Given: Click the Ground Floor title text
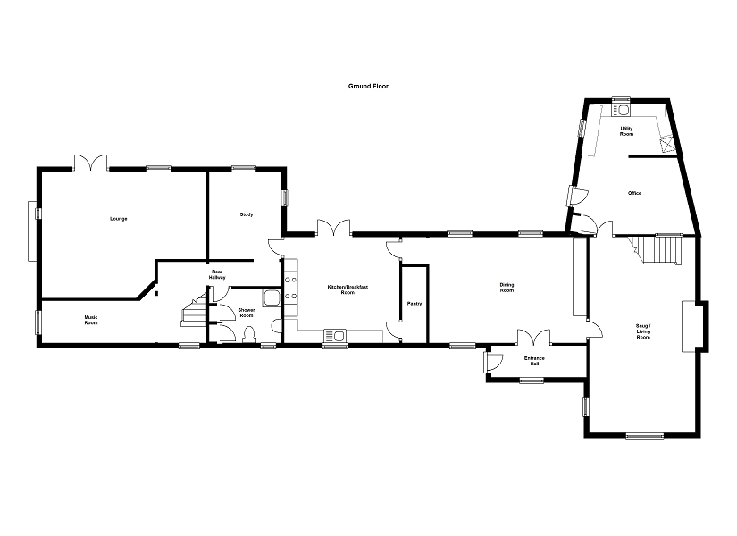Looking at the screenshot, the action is (368, 86).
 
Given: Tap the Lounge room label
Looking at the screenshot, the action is (119, 219).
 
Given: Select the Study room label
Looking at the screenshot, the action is (247, 214).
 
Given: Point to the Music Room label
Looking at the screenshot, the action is (91, 320).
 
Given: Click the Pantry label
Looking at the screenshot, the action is (415, 304).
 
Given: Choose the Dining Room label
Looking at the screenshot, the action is (507, 288).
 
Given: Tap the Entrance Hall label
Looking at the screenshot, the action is (534, 361).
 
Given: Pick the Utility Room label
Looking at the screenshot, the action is (626, 131).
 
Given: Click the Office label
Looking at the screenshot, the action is (634, 193).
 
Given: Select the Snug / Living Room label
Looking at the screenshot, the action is (643, 331).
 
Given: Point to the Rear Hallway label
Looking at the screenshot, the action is (217, 274).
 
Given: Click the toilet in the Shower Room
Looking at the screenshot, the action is (248, 334).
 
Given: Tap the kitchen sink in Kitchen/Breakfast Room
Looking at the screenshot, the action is (335, 336).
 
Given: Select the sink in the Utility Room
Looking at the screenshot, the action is (622, 110).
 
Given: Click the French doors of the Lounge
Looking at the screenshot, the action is (90, 163).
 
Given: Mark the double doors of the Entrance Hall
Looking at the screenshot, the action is (534, 337).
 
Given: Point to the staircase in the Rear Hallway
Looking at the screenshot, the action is (194, 309).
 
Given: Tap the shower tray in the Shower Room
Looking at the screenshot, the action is (272, 298).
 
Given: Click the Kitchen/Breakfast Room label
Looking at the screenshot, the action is (348, 289).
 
